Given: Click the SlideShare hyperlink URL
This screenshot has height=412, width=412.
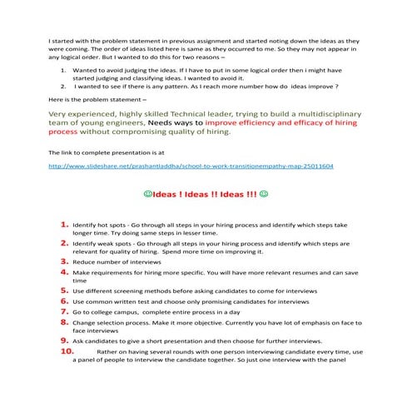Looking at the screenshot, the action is (191, 166).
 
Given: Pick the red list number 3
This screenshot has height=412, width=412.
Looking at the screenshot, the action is (64, 261).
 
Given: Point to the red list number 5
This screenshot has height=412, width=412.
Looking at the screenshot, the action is (64, 290).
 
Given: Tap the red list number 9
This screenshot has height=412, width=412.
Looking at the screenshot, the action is (64, 340).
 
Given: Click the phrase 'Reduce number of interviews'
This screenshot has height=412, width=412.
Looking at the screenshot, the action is (113, 261).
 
